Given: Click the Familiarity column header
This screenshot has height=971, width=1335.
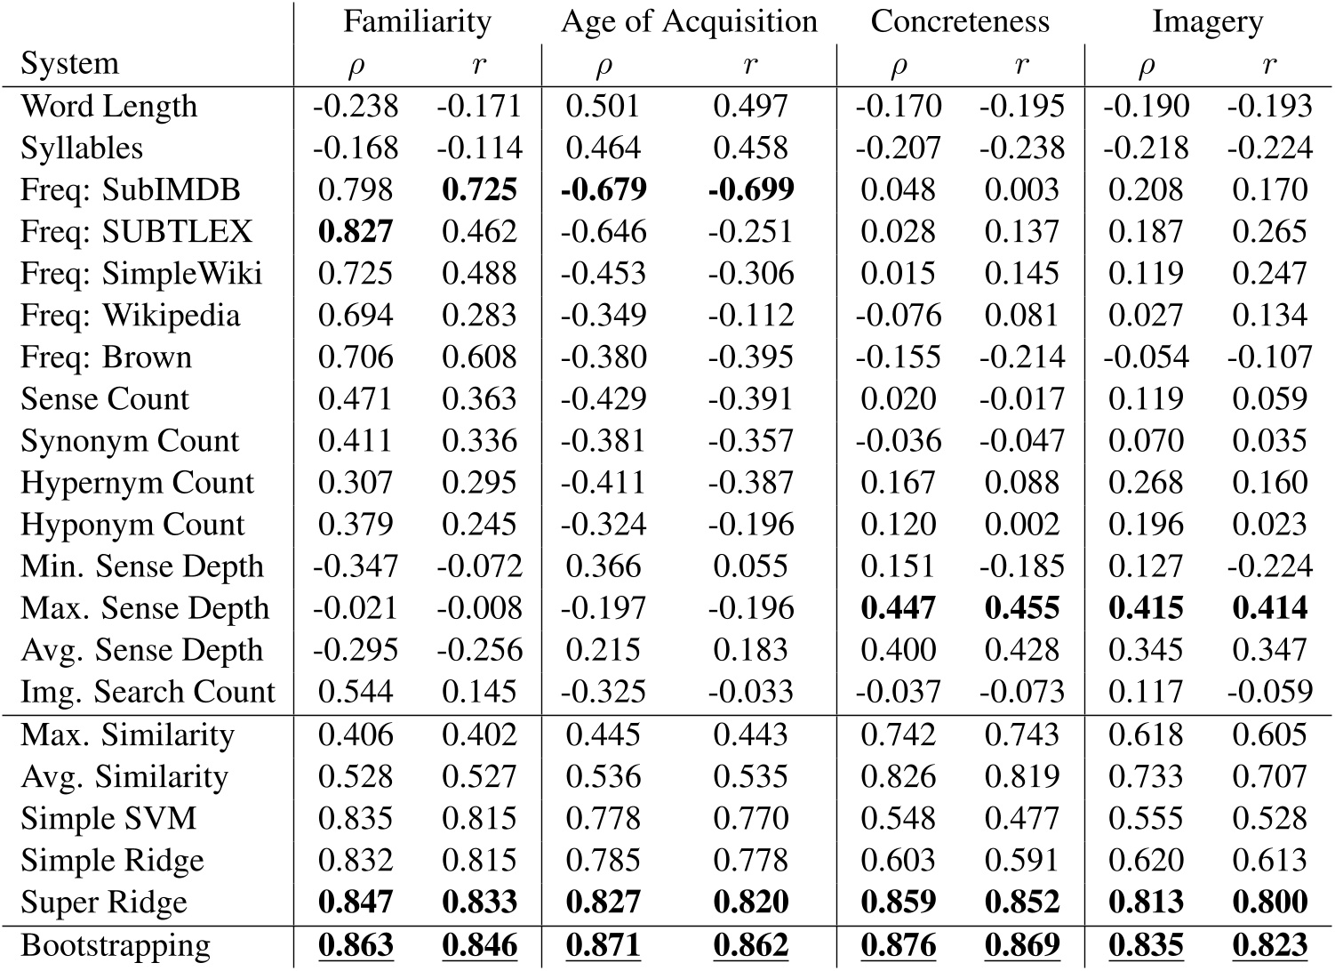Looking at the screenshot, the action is pos(417,22).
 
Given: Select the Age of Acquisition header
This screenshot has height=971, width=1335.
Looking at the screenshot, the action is pos(689,22).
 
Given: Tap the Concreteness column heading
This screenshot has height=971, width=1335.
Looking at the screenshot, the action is pos(960,21).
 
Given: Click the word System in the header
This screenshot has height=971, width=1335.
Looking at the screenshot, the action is pos(69,64).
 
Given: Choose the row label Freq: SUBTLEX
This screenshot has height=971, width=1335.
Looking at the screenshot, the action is pos(137,231).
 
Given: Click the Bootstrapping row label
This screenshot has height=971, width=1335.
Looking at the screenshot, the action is pos(116,946).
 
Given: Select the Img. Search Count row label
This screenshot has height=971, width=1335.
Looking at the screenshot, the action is pos(148,692).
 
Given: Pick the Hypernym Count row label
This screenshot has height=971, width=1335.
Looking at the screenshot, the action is pos(137,483).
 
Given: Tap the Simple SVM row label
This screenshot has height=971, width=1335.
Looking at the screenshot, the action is pos(108,818).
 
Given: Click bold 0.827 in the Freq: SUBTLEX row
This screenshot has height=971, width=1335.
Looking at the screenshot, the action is pos(356,231).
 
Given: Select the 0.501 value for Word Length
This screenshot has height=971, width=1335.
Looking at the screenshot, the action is pos(603,106).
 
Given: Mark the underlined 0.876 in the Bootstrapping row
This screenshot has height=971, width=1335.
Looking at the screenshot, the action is pos(898,945).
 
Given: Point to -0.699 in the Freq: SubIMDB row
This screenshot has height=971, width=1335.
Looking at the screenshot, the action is pos(751,189).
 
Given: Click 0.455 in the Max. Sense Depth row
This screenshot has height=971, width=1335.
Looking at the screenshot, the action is pos(1022,608).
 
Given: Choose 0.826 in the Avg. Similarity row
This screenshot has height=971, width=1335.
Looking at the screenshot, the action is pos(898,776).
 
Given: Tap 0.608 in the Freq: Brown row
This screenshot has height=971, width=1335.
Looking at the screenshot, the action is pos(478,357).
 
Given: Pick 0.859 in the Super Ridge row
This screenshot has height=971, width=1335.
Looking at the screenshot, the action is pos(898,902).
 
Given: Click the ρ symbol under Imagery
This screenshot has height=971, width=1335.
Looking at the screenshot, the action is pos(1146,67).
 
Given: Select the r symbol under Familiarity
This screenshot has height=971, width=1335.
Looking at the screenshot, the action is pos(478,64).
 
